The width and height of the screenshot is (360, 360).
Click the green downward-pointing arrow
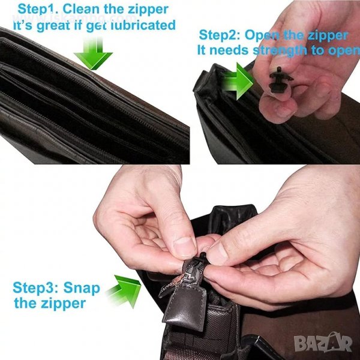[x=93, y=53]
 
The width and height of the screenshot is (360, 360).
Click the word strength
[x=280, y=51]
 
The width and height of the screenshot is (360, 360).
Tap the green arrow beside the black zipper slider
[x=238, y=81]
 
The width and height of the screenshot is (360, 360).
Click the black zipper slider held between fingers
[x=280, y=80]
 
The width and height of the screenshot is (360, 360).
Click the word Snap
[x=82, y=288]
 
